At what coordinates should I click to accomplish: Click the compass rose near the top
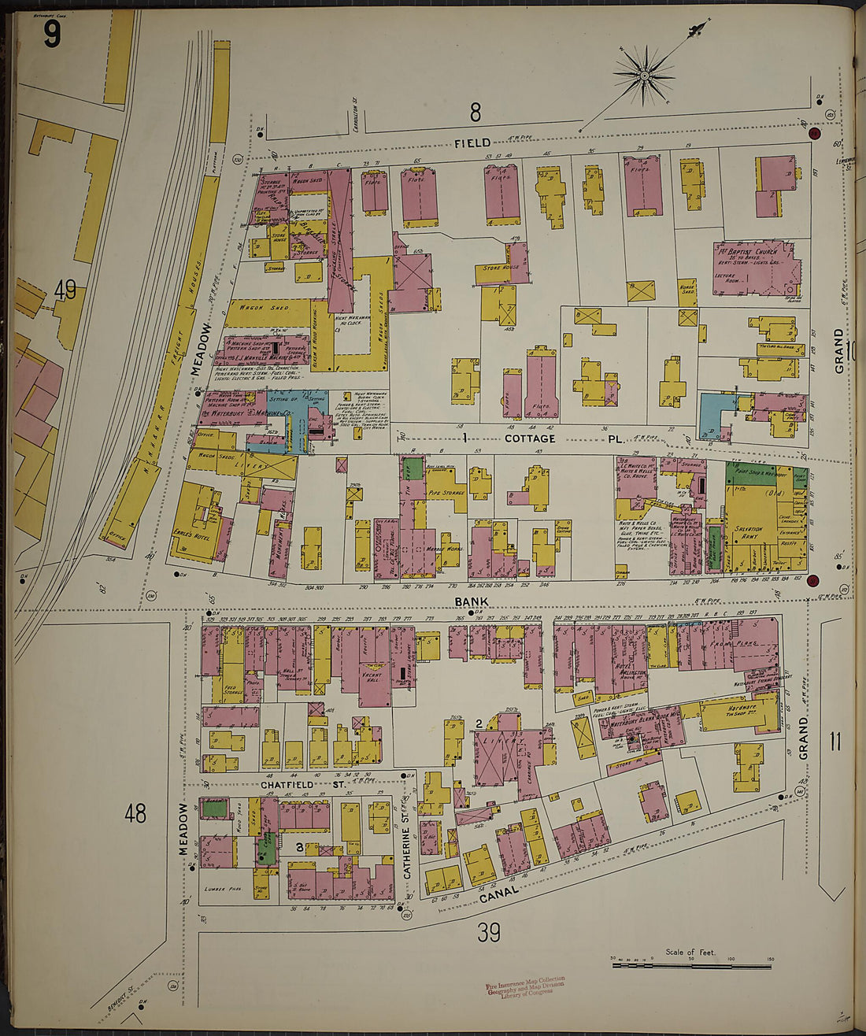[645, 75]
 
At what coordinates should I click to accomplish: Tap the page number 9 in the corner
[52, 34]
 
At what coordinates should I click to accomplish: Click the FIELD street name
[472, 143]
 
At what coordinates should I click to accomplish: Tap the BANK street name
[471, 601]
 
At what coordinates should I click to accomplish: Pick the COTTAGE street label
[530, 438]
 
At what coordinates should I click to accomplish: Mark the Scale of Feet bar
[691, 965]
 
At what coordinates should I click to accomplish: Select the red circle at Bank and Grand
[813, 581]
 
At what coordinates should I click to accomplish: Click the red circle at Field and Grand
[815, 134]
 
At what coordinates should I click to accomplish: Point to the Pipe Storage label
[446, 493]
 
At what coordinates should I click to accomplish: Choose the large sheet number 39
[489, 933]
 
